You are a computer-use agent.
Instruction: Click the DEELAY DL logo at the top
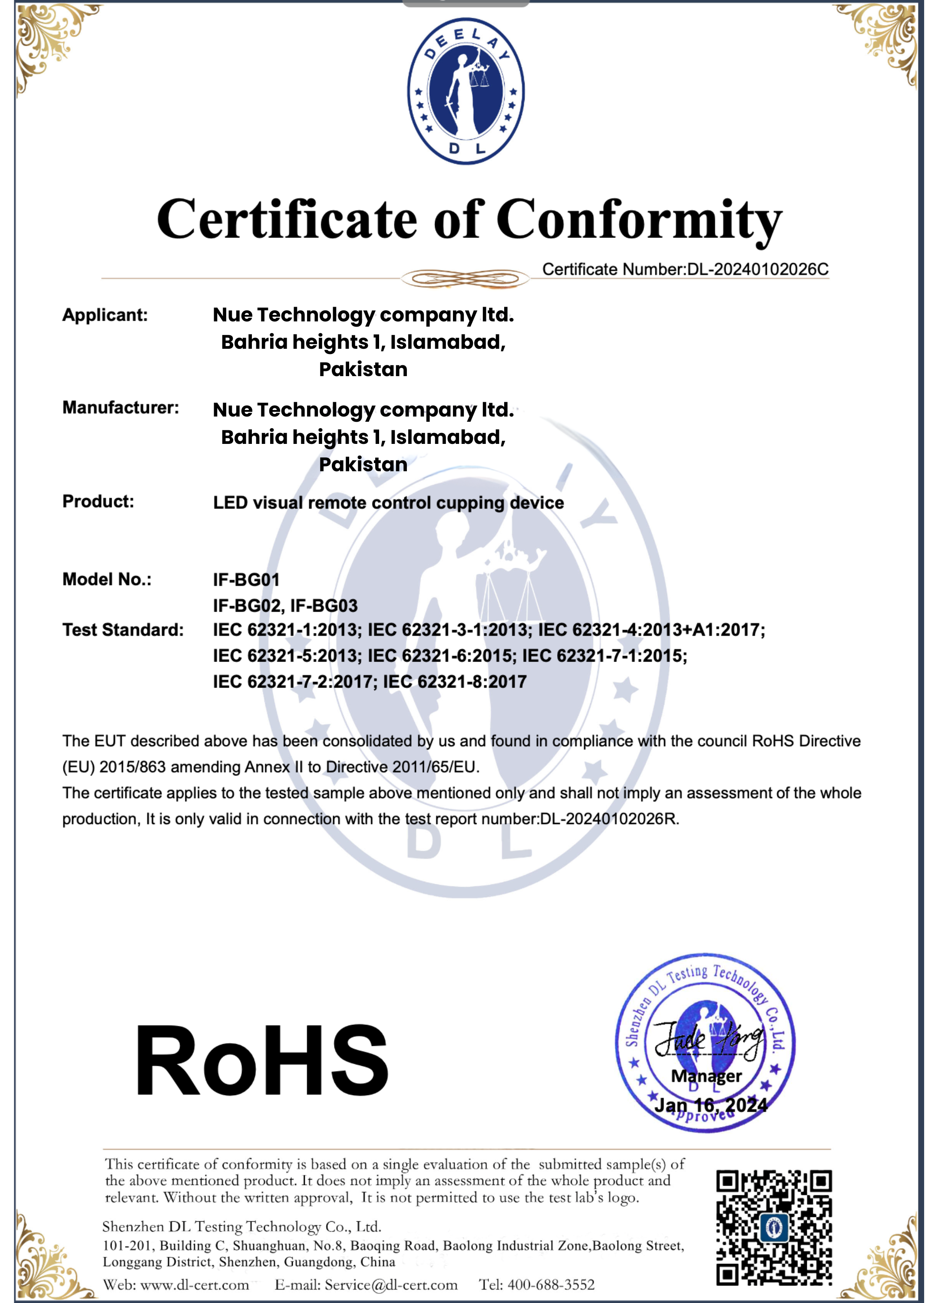pos(466,91)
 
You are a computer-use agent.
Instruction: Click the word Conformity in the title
pos(639,221)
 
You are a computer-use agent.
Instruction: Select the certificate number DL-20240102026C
pos(758,269)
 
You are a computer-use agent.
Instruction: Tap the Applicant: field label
pos(105,315)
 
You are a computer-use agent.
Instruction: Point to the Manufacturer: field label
pos(121,407)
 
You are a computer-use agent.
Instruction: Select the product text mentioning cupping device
pos(388,503)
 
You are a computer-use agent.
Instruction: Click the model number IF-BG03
pos(324,605)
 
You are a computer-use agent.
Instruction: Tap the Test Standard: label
pos(123,630)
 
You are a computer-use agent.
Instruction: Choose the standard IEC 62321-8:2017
pos(455,682)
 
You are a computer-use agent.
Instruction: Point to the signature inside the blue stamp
pos(710,1039)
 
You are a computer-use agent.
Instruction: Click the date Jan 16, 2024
pos(711,1105)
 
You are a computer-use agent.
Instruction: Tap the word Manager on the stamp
pos(707,1076)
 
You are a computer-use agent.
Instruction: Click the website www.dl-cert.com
pos(195,1285)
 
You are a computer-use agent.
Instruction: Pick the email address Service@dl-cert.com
pos(391,1285)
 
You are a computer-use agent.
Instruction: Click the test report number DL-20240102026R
pos(609,819)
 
